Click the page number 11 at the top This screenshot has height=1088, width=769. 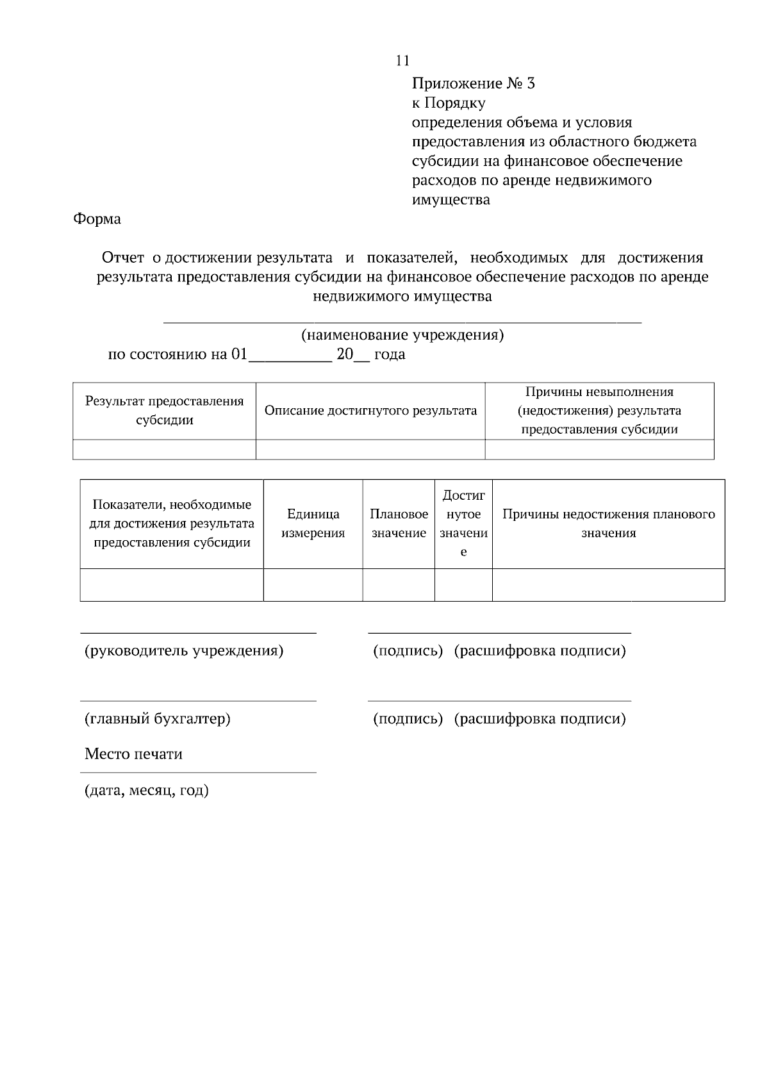click(402, 61)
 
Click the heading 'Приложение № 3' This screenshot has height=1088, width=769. click(473, 83)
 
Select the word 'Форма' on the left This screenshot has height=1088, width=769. click(97, 219)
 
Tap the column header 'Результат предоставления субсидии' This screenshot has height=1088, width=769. click(165, 411)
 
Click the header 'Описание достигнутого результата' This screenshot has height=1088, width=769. click(370, 411)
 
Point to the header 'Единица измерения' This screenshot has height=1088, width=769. click(313, 523)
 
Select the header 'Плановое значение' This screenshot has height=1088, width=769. click(399, 523)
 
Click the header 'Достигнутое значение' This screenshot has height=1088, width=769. click(463, 523)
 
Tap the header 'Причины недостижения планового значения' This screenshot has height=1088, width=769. click(608, 523)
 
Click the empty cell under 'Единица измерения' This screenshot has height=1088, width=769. click(313, 584)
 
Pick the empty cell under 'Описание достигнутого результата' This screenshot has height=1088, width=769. click(370, 449)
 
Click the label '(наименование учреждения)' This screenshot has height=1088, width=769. click(402, 335)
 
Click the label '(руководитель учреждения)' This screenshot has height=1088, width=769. click(184, 651)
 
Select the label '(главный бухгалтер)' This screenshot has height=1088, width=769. click(158, 719)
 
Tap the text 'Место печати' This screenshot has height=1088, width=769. click(133, 754)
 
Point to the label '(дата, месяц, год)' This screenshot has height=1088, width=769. click(147, 791)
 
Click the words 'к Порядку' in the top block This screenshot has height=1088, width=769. click(449, 103)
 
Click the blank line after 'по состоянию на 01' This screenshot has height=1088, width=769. click(290, 356)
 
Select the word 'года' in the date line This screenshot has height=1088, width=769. click(390, 354)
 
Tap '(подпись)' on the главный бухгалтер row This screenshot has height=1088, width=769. click(408, 719)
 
